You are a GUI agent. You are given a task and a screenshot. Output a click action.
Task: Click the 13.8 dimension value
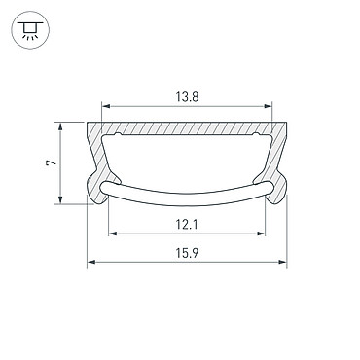[187, 96]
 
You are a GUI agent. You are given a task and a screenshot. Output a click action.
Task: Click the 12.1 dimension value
[187, 224]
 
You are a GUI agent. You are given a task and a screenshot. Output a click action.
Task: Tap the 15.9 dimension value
[187, 253]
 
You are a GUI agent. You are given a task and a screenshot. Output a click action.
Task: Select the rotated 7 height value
[51, 162]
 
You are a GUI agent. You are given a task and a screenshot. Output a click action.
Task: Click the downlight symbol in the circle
[30, 30]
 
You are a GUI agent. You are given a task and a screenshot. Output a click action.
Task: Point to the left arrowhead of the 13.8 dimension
[106, 106]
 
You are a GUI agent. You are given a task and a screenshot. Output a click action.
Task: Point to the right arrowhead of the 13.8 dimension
[268, 106]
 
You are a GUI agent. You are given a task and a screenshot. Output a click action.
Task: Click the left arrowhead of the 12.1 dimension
[112, 234]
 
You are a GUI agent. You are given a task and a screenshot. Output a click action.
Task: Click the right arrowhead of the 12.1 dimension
[261, 234]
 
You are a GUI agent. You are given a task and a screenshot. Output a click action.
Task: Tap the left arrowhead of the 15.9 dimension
[91, 262]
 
